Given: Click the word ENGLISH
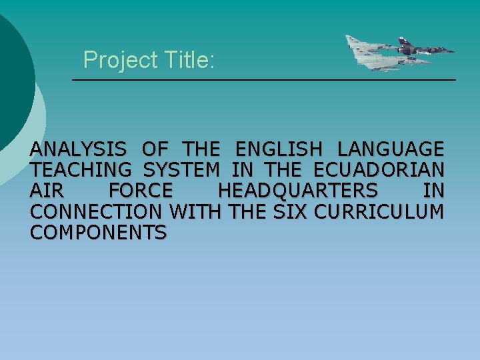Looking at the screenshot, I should (x=278, y=149).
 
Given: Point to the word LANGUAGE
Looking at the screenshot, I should (x=391, y=149).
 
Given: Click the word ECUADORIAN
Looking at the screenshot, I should (x=379, y=169).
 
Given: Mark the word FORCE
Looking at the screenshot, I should (x=141, y=191).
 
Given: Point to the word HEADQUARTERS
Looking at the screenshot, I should (x=297, y=191).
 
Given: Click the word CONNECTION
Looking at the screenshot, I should (x=96, y=212).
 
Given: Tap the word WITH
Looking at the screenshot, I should (x=197, y=212).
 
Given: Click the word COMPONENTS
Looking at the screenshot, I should (x=98, y=233).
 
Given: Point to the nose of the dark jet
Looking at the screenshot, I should (x=453, y=50).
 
